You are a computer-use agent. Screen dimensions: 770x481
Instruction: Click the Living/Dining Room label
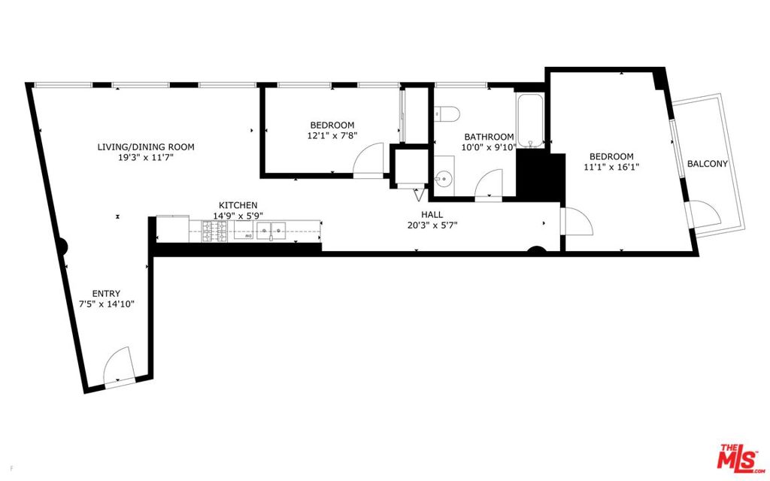point(146,147)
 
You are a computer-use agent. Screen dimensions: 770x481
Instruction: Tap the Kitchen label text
point(238,205)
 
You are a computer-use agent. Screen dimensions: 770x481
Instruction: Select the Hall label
point(432,214)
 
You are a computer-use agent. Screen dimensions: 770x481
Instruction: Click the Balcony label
point(707,164)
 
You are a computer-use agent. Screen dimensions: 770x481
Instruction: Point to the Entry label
point(106,294)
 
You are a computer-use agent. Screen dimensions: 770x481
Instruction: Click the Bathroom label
point(489,137)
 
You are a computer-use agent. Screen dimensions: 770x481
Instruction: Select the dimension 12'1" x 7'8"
point(332,135)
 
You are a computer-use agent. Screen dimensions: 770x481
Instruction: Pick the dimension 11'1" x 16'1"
point(611,167)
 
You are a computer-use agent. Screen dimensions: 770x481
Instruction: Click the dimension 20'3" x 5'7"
point(432,225)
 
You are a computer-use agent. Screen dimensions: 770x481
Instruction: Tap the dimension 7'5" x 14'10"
point(107,304)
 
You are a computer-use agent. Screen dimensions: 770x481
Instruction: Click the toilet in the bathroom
point(447,113)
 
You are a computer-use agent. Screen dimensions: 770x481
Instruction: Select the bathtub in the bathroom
point(530,119)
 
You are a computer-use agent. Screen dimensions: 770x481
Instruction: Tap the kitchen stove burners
point(214,231)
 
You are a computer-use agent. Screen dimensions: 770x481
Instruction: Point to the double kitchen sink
point(271,230)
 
